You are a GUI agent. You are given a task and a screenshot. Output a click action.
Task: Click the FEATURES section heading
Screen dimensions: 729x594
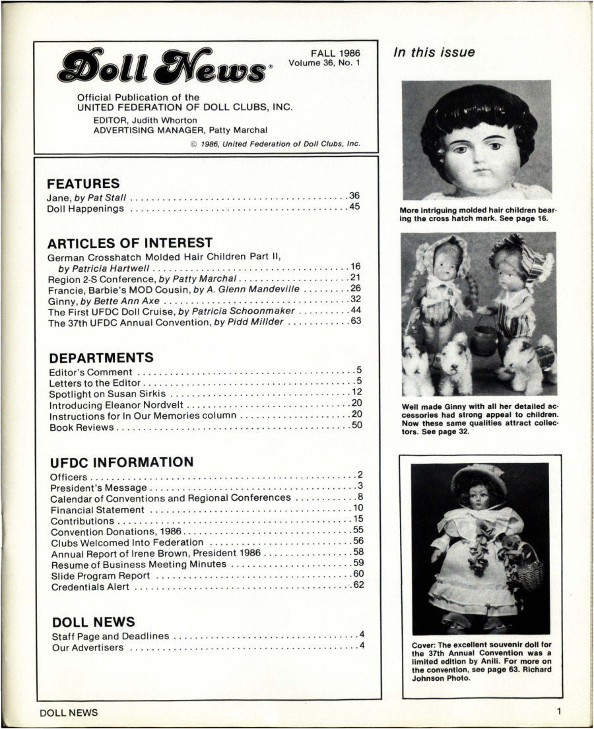84,183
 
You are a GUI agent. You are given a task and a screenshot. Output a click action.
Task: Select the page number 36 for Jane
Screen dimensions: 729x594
354,196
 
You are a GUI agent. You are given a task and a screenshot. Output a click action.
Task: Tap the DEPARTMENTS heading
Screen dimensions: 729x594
102,358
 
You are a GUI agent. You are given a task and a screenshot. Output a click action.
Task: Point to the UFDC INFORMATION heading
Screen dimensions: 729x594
121,462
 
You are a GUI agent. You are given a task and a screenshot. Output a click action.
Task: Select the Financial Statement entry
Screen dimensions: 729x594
97,509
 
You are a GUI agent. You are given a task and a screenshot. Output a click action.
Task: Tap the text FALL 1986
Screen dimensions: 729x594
335,53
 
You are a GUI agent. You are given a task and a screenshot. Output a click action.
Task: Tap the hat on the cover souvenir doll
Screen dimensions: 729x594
479,479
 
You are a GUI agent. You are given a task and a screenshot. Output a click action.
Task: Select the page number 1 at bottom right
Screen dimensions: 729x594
558,712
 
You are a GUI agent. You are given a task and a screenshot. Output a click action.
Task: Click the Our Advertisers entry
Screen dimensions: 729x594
87,648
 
